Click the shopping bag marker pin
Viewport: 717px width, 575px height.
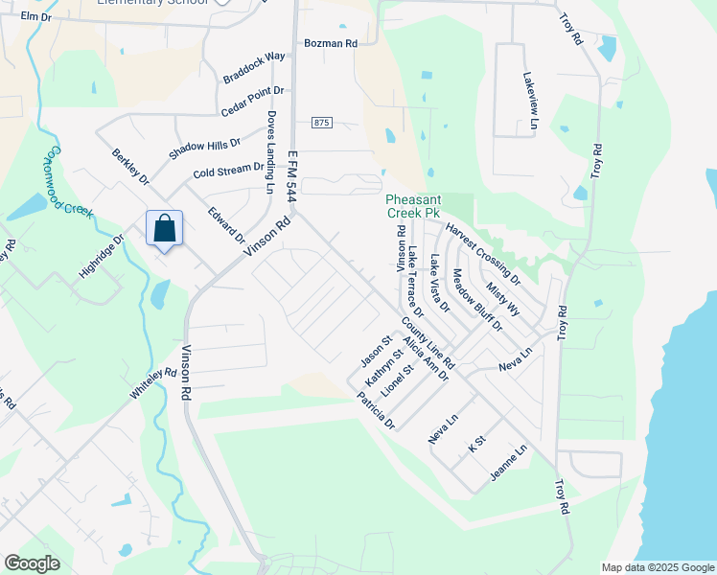point(164,229)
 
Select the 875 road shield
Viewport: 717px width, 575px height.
point(321,123)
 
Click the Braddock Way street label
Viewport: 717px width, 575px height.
point(254,65)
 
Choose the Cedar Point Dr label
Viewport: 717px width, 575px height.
point(252,99)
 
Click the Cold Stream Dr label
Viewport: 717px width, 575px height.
point(227,171)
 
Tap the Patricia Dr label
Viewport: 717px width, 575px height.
point(375,410)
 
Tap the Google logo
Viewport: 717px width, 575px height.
point(33,563)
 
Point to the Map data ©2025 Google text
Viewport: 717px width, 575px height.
point(657,567)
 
